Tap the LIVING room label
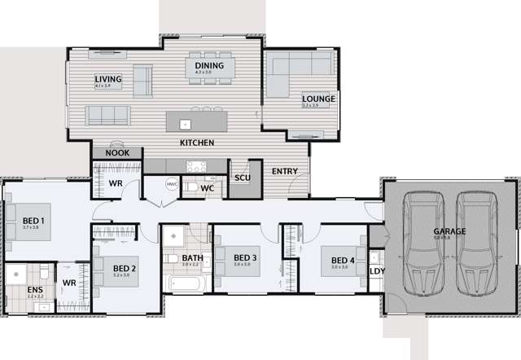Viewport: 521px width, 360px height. coord(108,79)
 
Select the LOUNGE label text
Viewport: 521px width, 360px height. coord(319,99)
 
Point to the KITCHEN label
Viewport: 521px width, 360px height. coord(198,143)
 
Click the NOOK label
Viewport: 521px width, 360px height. coord(118,152)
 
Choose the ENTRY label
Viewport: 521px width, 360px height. coord(285,171)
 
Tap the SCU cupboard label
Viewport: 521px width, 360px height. coord(242,178)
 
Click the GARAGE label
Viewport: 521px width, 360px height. coord(449,231)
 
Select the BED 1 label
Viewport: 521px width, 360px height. coord(33,221)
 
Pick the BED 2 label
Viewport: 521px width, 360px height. coord(124,268)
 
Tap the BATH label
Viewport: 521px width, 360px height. coord(193,258)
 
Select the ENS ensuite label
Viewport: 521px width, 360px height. coord(35,289)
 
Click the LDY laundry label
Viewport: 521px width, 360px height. coord(377,271)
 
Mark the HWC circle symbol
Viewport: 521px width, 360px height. coord(172,184)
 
